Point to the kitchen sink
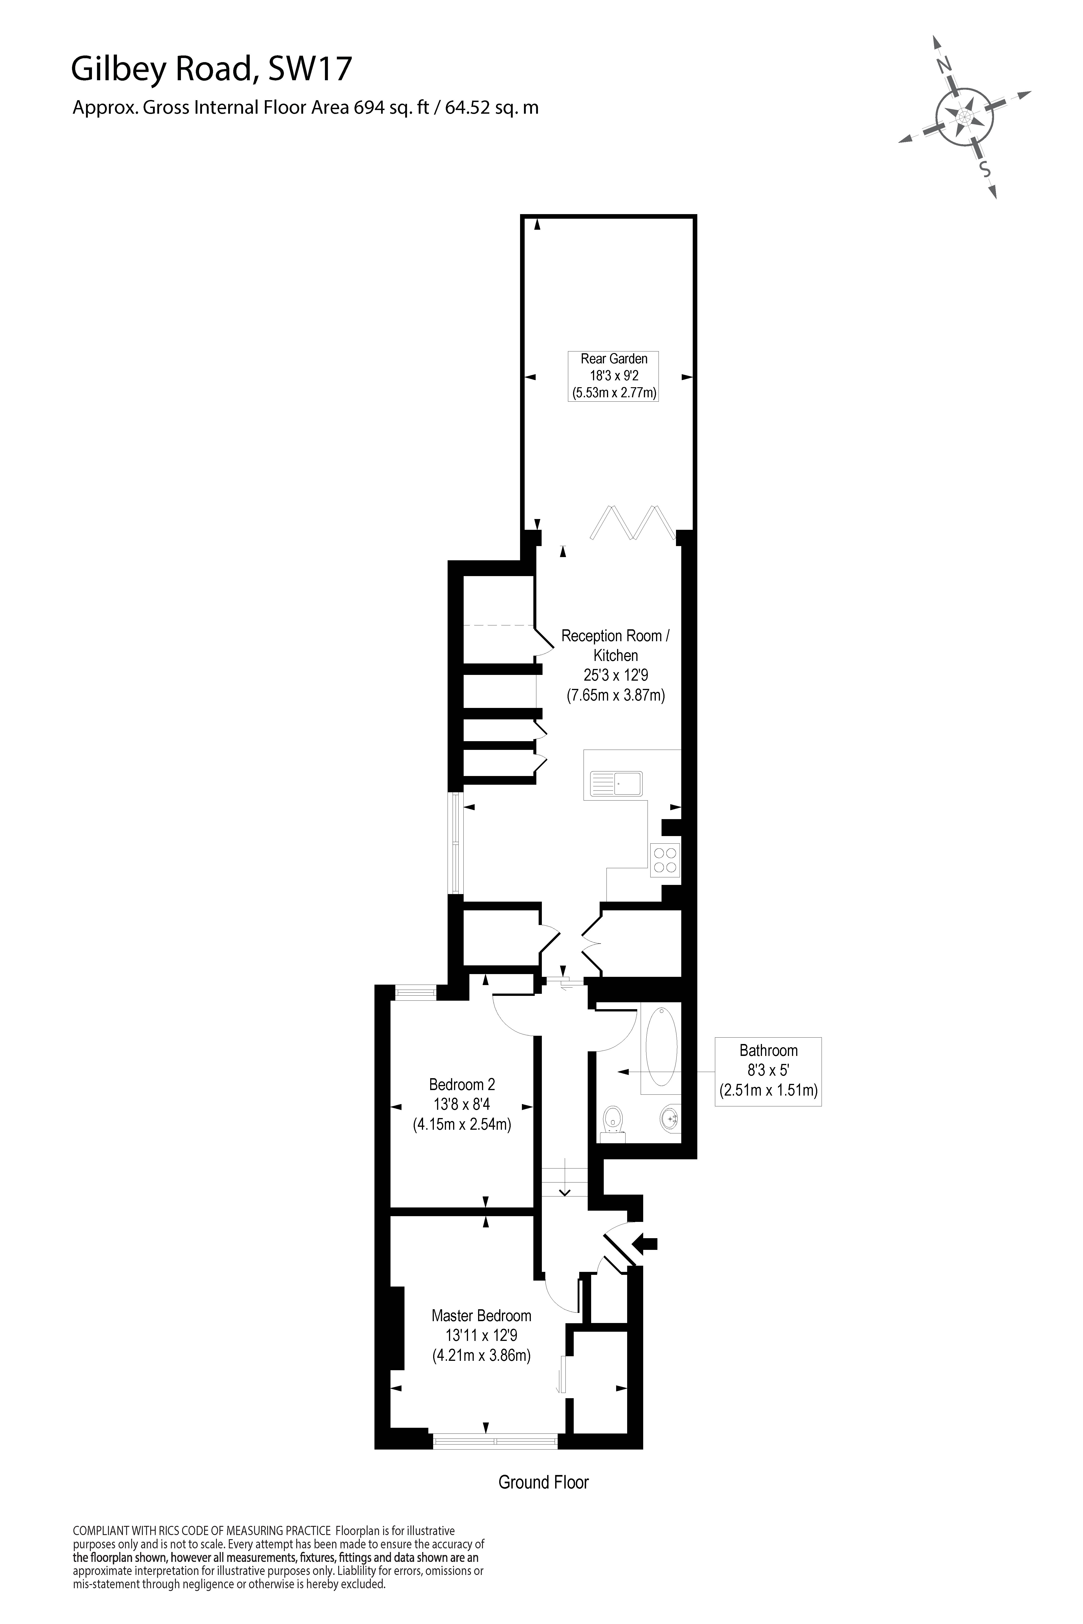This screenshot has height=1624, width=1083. [x=616, y=784]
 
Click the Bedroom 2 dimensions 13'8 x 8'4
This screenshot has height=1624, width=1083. [x=462, y=1104]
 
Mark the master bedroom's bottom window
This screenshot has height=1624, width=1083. [x=495, y=1441]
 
